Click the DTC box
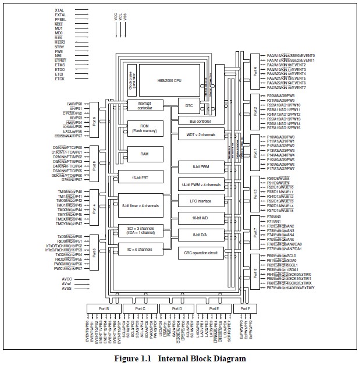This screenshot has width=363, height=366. pyautogui.click(x=188, y=105)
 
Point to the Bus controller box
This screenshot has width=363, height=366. pyautogui.click(x=200, y=121)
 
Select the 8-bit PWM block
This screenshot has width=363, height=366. pyautogui.click(x=200, y=166)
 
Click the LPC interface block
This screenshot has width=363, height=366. pyautogui.click(x=200, y=200)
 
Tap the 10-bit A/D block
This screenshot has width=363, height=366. pyautogui.click(x=200, y=217)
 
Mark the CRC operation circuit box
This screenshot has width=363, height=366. pyautogui.click(x=200, y=253)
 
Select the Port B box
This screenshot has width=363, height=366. pyautogui.click(x=103, y=308)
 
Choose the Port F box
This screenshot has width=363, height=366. pyautogui.click(x=241, y=308)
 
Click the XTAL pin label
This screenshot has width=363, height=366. pyautogui.click(x=59, y=10)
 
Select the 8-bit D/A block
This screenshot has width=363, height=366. pyautogui.click(x=200, y=234)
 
